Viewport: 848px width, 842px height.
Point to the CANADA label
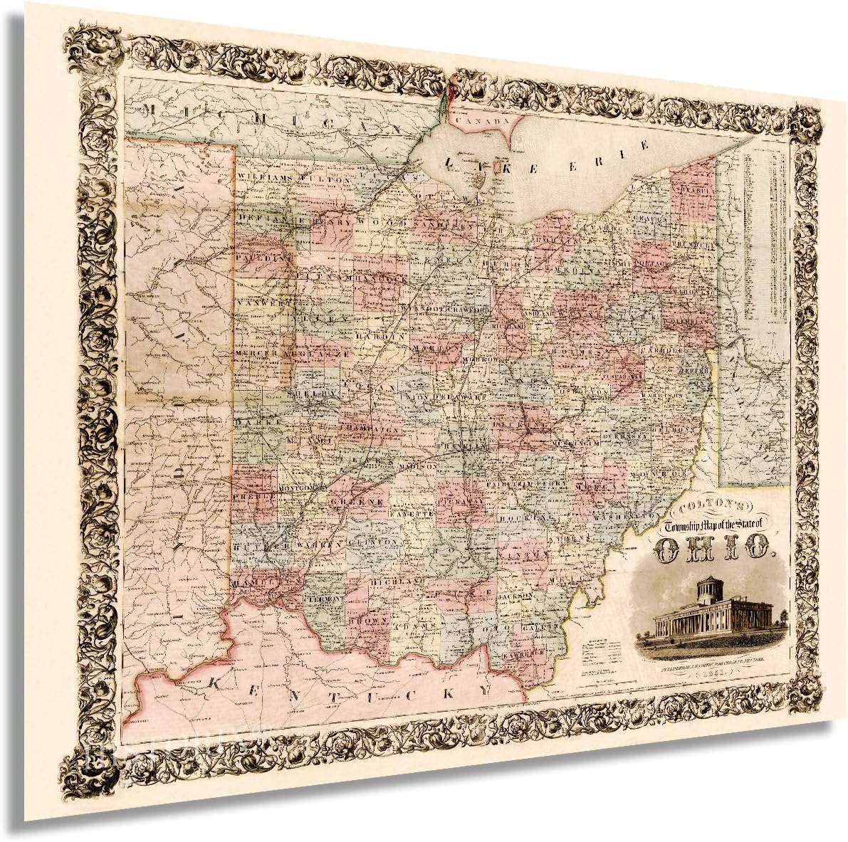click(482, 121)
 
